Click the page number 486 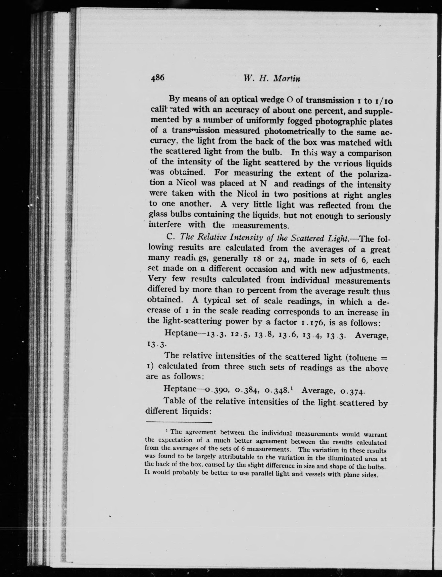[x=157, y=78]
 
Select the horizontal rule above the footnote [x=179, y=422]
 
